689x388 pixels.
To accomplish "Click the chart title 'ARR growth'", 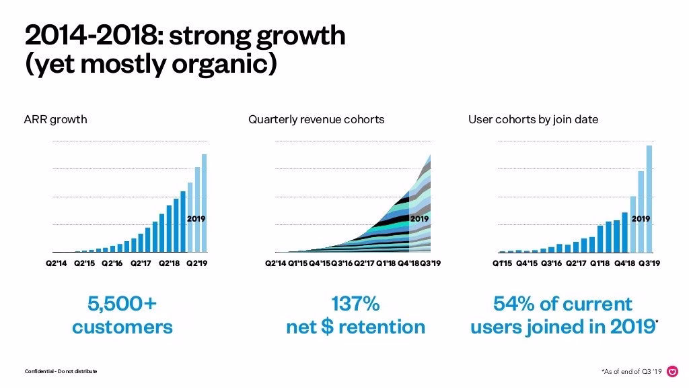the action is click(x=55, y=120).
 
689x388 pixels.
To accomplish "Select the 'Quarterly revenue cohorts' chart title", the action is click(x=316, y=120).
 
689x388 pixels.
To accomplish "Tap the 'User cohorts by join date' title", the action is click(x=533, y=120).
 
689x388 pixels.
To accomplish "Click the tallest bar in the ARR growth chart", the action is click(x=204, y=203).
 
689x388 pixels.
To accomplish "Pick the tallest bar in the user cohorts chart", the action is click(x=649, y=199).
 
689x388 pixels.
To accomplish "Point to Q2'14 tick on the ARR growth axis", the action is click(x=57, y=263).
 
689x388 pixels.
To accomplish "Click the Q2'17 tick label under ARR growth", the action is click(x=141, y=263).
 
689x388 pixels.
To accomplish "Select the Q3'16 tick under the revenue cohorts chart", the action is click(x=342, y=263).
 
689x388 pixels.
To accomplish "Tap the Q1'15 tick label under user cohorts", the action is click(x=502, y=263).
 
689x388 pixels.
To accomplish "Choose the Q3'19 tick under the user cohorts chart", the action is click(x=649, y=263).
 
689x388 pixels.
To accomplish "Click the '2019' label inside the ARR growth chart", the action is click(x=196, y=219).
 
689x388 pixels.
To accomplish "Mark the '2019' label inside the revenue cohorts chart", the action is click(x=419, y=219).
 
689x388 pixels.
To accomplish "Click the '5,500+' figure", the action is click(x=122, y=304).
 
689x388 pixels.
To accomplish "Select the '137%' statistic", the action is click(x=355, y=304).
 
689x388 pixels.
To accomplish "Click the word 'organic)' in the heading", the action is click(x=225, y=64).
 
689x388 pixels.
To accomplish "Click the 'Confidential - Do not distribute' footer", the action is click(x=61, y=371).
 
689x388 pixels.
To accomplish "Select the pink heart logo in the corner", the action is click(x=672, y=372).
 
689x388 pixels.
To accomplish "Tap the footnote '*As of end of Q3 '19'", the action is click(x=631, y=372).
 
